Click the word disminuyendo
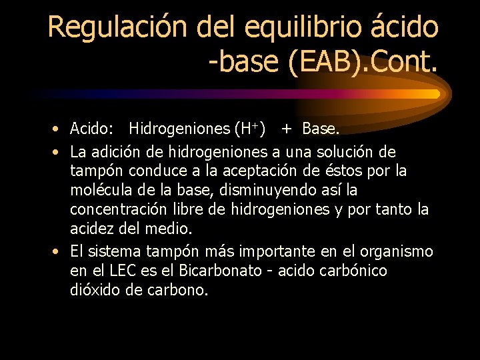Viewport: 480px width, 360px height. click(280, 191)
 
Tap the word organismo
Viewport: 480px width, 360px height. click(397, 251)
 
